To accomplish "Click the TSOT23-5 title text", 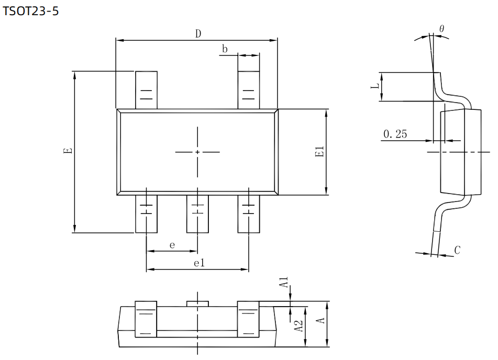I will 31,11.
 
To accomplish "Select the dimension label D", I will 198,34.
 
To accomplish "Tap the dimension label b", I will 225,49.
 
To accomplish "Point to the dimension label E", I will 67,152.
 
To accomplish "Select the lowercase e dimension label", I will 172,245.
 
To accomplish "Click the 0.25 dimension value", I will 395,134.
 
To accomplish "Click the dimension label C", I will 457,251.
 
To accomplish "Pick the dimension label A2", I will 298,326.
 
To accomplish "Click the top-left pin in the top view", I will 147,90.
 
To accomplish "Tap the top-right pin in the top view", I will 249,90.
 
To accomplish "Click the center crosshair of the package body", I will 197,152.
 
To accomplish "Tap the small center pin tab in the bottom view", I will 197,303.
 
